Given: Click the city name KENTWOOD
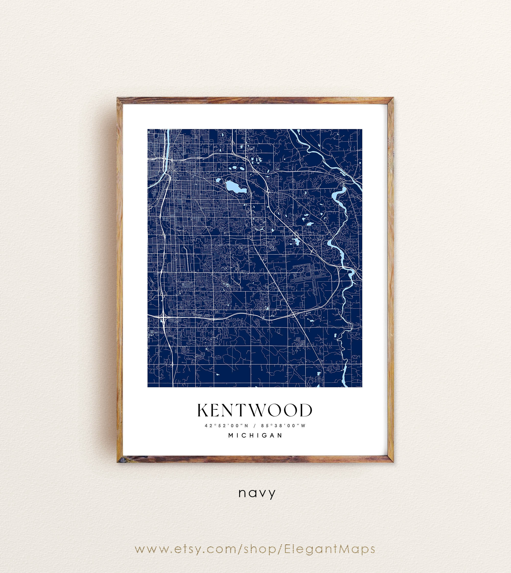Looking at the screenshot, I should click(255, 410).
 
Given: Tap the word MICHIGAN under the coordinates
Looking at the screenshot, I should click(255, 435).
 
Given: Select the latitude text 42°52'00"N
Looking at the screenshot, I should click(227, 425).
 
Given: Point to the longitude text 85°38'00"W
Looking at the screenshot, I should click(283, 425).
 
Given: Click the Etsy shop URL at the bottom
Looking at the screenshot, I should click(255, 549).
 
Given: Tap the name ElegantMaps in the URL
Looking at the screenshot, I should click(330, 549).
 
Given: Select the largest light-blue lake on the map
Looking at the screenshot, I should click(235, 187).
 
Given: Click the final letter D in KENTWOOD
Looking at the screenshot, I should click(306, 410).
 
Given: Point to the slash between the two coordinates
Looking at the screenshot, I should click(255, 425).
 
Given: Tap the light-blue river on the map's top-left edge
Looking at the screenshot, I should click(167, 146).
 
